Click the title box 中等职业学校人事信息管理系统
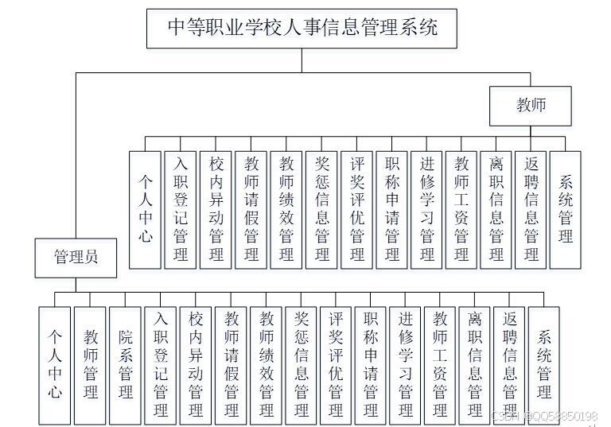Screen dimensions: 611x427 point(302,29)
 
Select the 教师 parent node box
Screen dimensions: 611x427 point(531,106)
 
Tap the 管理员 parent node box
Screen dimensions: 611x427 point(76,258)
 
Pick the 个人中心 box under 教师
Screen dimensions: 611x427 point(146,208)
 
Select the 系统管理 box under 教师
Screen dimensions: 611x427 point(566,208)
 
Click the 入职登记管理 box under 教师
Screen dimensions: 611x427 point(181,208)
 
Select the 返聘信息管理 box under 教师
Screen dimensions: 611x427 point(531,208)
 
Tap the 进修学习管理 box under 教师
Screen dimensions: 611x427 point(427,208)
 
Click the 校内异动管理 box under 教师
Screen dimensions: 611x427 point(216,208)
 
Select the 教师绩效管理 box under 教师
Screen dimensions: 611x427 point(286,208)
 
